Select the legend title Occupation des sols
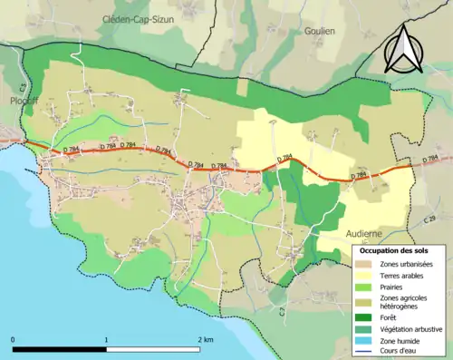tap(395, 249)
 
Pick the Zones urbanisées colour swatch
tap(365, 263)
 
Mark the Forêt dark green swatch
tap(365, 317)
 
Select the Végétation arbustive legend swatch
tap(365, 329)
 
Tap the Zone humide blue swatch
tap(365, 341)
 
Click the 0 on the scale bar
tap(13, 339)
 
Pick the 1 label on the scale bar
tap(107, 339)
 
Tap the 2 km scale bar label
tap(206, 339)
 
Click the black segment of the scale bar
tap(60, 349)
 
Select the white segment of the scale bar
tap(154, 349)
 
